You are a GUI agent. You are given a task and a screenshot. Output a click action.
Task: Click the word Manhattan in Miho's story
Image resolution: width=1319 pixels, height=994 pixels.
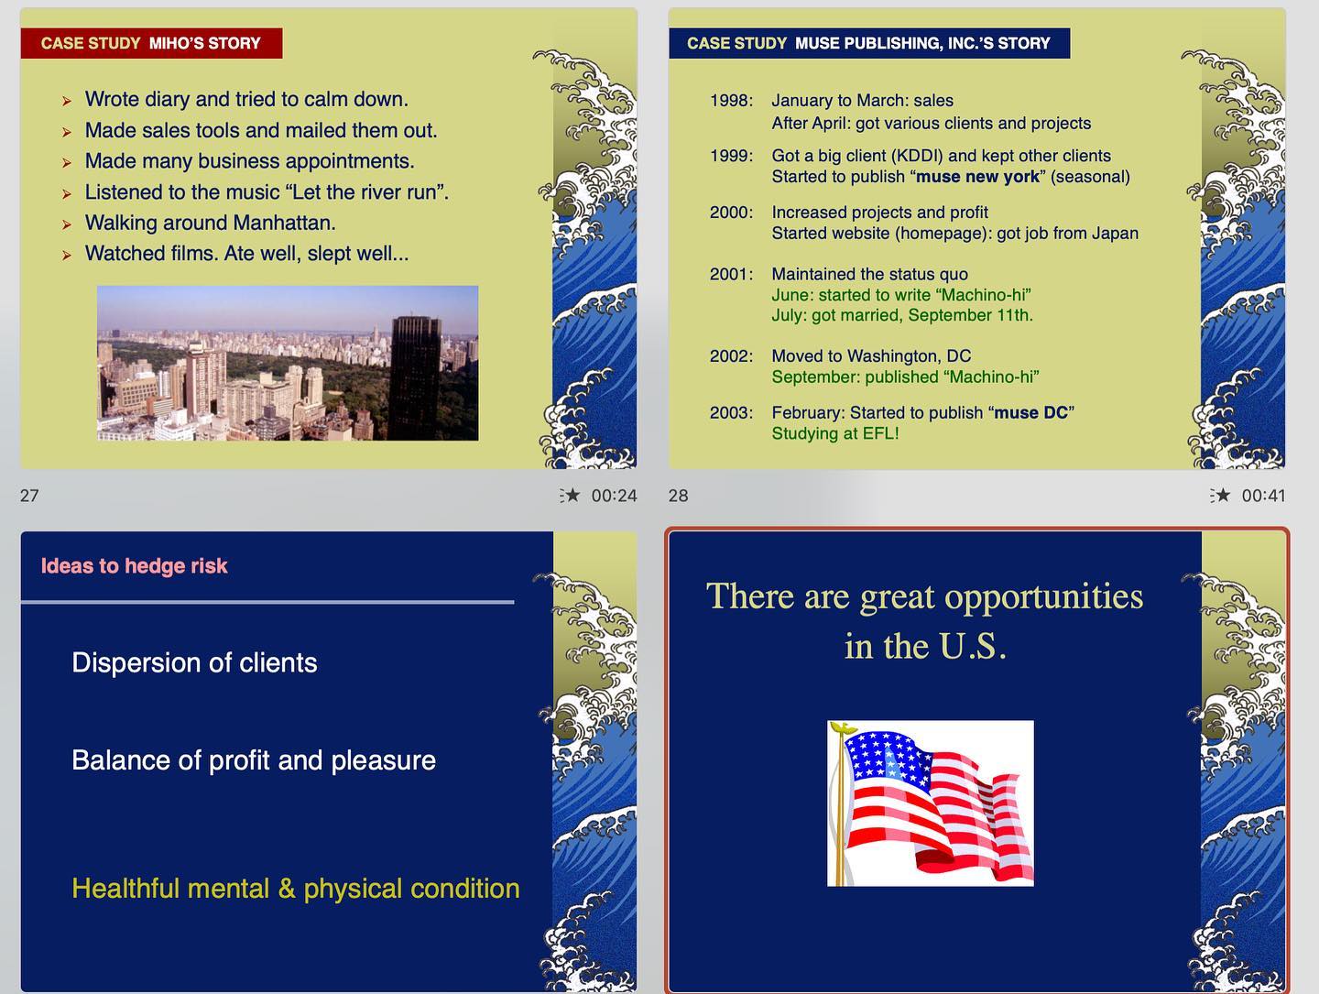(284, 223)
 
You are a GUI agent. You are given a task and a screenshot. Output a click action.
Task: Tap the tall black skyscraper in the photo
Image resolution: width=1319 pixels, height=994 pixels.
(415, 377)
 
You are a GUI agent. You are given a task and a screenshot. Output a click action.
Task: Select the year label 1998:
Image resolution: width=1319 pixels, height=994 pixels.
(731, 101)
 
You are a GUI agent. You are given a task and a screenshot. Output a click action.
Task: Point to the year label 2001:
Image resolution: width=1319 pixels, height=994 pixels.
(731, 274)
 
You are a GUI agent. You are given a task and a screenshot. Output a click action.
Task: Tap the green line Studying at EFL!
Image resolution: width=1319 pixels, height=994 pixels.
(835, 433)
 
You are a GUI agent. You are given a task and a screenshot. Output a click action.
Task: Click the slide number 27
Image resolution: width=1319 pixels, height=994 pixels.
(29, 496)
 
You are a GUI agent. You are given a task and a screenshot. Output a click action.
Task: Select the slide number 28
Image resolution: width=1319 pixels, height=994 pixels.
(678, 496)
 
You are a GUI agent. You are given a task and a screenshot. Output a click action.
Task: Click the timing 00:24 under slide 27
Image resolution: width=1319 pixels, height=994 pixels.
(614, 496)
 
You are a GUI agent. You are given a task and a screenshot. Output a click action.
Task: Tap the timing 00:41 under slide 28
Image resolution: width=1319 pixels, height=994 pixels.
(1263, 496)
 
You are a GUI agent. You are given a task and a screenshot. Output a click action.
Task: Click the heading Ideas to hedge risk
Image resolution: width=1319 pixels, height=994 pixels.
(134, 566)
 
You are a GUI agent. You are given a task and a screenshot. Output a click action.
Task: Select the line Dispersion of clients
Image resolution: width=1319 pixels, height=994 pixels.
(194, 663)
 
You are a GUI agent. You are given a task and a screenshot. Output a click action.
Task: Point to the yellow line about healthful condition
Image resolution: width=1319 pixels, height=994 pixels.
(296, 889)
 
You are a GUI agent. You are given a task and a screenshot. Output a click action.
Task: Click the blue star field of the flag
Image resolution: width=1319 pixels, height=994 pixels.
(885, 756)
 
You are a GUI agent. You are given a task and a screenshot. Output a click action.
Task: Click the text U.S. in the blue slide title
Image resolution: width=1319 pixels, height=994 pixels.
(973, 647)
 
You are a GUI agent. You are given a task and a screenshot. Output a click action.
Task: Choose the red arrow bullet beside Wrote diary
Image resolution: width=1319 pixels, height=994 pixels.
(67, 101)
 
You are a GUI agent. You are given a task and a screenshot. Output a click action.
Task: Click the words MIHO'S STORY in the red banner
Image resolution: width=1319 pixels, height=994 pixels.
(205, 43)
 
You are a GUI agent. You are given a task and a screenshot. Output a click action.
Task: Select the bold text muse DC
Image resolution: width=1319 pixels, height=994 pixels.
(1030, 413)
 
